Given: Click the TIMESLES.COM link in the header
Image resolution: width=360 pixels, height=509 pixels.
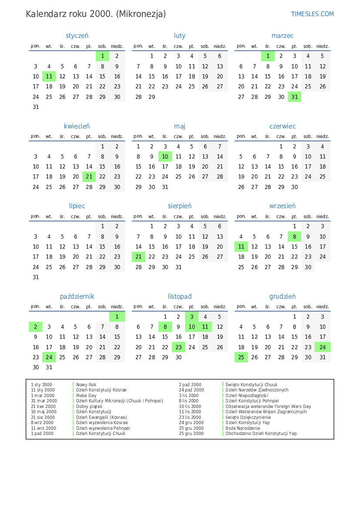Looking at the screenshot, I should (312, 14).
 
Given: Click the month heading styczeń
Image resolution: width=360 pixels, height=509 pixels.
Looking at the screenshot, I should (77, 36).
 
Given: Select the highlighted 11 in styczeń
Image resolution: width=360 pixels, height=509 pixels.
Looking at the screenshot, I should (49, 77).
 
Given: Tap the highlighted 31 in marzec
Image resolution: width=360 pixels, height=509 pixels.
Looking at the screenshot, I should (295, 97).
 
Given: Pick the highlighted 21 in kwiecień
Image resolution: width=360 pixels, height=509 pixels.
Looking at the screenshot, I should (89, 177).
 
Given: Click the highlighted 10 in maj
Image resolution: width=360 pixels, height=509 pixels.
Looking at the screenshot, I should (165, 157).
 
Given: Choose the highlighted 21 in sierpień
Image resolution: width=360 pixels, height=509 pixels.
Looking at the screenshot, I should (138, 257).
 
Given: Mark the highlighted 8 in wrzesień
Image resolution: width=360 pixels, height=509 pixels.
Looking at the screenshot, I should (295, 237).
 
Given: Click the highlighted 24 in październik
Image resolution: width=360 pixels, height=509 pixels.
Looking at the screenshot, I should (49, 357).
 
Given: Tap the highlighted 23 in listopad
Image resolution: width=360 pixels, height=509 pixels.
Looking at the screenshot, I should (178, 347).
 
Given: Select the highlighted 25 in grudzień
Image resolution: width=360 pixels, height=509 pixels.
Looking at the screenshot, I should (241, 357).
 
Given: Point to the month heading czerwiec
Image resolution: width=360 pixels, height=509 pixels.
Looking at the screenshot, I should (283, 126).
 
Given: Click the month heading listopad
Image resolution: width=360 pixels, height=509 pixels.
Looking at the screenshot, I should (180, 297).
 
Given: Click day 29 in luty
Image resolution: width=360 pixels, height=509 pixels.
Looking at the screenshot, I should (151, 97).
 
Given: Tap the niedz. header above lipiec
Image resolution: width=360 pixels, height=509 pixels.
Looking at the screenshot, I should (117, 216).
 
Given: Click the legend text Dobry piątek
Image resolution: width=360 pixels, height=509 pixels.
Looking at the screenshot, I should (89, 406).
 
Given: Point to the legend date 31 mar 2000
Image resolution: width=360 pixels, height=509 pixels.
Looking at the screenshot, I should (44, 401).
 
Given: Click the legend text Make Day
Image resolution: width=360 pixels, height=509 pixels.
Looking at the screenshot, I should (86, 395).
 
